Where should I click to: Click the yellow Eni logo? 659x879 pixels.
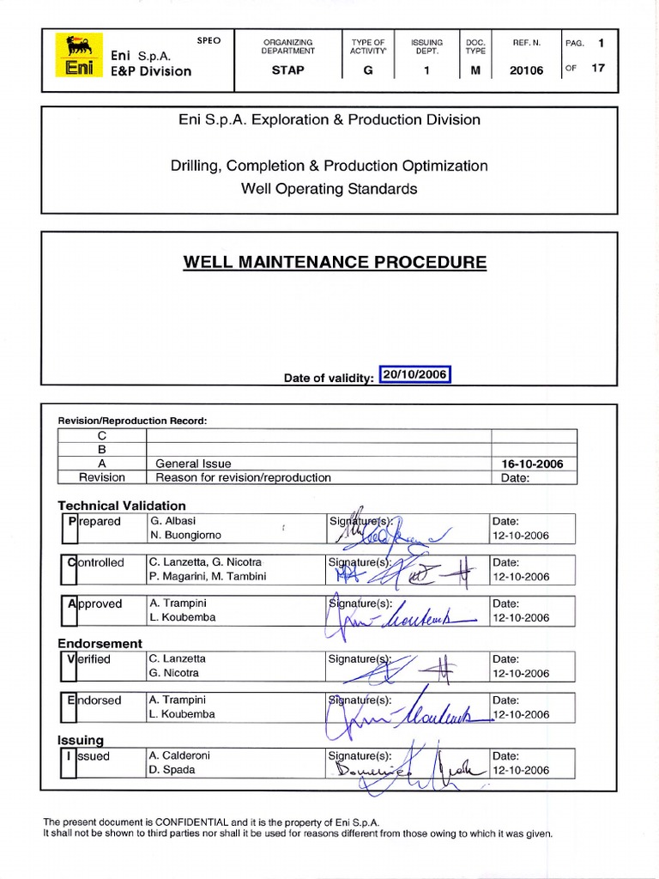point(79,56)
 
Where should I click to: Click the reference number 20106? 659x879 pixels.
point(526,70)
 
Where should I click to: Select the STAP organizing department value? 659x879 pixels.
point(287,70)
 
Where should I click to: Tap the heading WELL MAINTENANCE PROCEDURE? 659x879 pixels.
point(335,262)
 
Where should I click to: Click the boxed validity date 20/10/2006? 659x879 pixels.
point(415,375)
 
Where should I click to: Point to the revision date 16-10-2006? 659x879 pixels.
point(532,464)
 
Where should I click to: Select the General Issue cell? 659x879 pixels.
point(193,464)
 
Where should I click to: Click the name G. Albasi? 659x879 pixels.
point(174,521)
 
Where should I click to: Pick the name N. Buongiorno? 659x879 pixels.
point(186,535)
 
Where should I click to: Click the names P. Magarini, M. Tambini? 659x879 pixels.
point(208,576)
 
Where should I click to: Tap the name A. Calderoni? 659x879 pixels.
point(179,755)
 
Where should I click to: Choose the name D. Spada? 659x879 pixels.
point(172,769)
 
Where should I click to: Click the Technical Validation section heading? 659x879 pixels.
point(121,506)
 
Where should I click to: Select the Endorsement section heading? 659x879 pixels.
point(100,643)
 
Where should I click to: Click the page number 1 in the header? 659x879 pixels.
point(602,41)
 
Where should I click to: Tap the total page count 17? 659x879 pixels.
point(598,69)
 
